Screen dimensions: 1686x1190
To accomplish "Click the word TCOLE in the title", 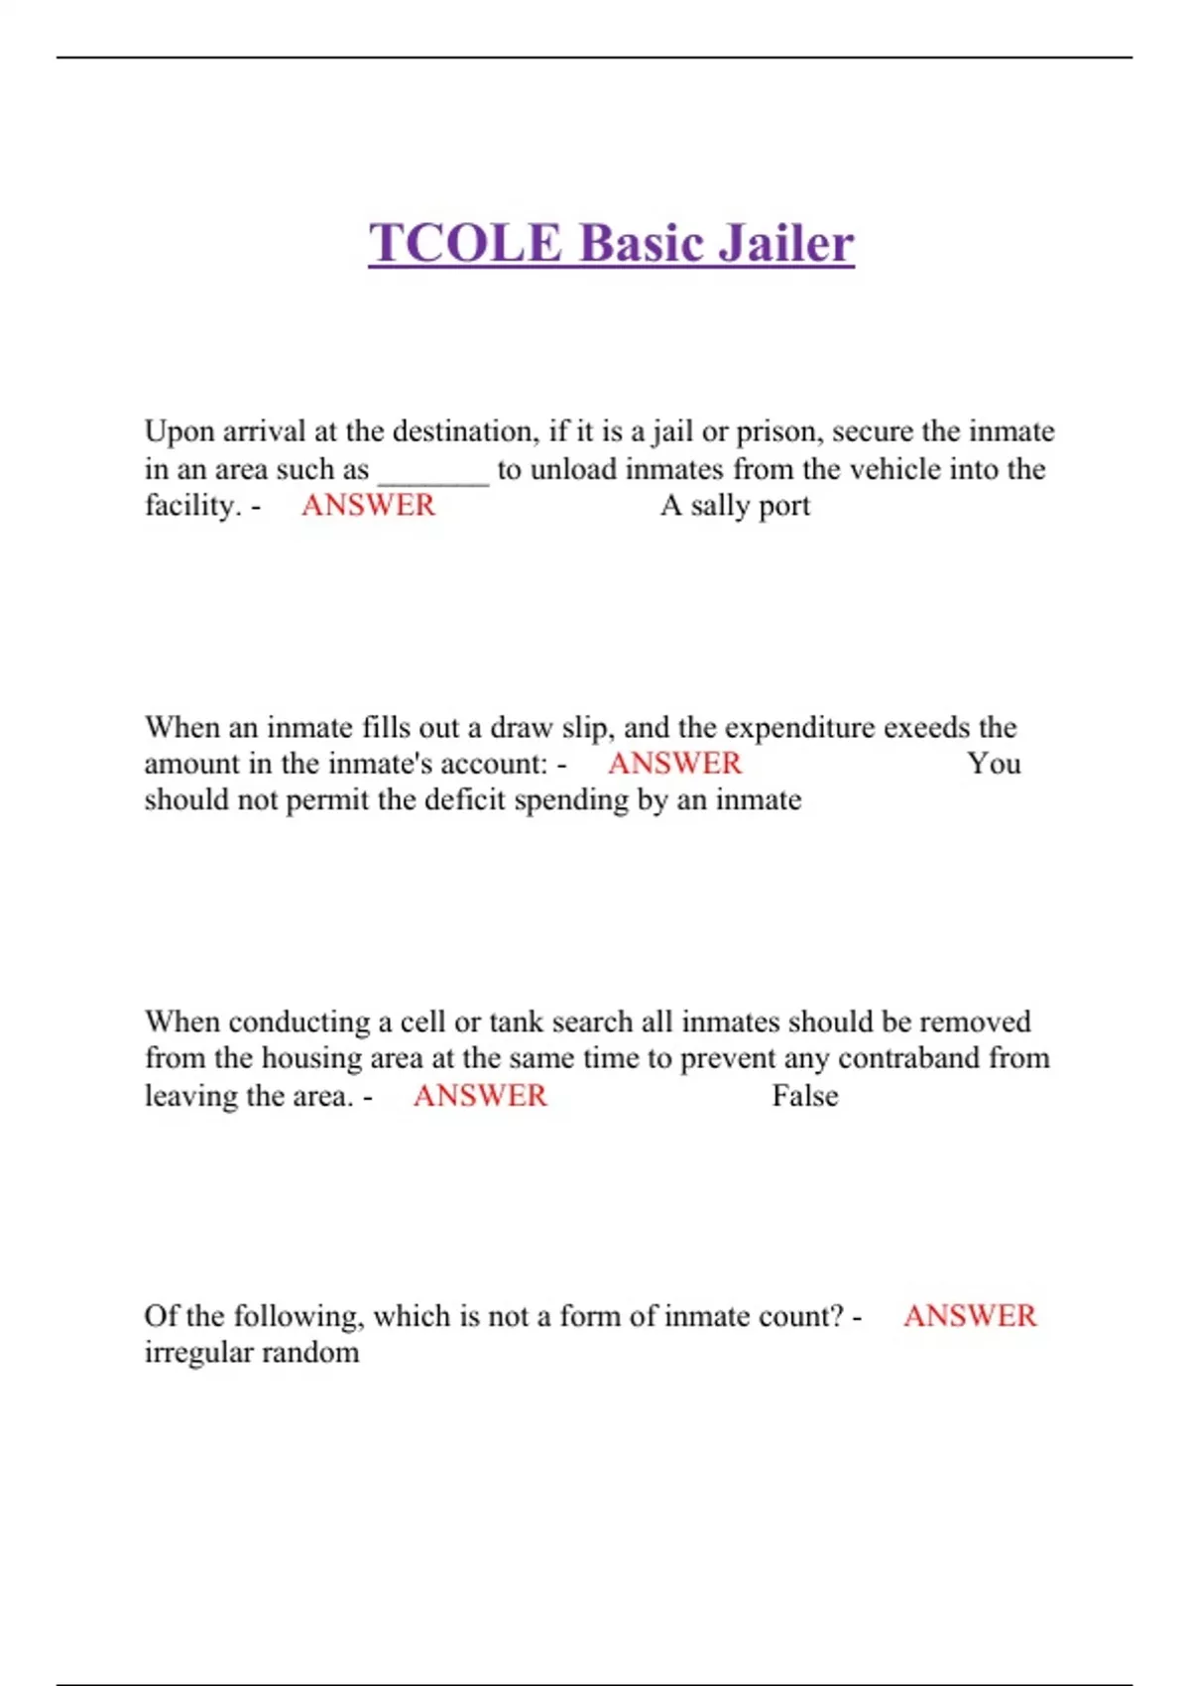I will (465, 243).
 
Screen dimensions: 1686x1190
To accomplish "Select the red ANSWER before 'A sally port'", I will (368, 506).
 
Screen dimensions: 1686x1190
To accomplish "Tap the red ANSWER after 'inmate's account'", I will (674, 764).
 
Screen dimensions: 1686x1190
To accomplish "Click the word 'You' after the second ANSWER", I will (994, 764).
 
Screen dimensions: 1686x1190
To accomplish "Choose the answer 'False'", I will (805, 1096).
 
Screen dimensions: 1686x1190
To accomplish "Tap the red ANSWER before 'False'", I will (480, 1096).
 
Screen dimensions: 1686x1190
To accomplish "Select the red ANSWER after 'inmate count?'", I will (970, 1316).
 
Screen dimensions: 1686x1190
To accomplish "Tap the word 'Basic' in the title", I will (639, 243).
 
